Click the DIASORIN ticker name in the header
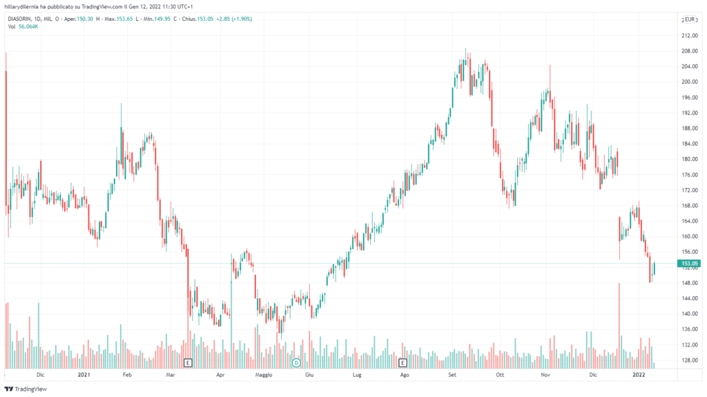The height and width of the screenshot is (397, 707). [21, 19]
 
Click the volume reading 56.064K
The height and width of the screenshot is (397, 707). [29, 26]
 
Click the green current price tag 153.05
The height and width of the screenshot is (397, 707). [690, 264]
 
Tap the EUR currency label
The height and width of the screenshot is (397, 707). [691, 19]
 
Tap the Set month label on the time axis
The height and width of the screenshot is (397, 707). [452, 375]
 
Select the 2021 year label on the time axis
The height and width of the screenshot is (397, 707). [84, 375]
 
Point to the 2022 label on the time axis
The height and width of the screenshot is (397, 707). [639, 375]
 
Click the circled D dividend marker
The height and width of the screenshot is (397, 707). [296, 362]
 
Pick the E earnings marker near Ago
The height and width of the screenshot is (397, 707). [403, 362]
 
